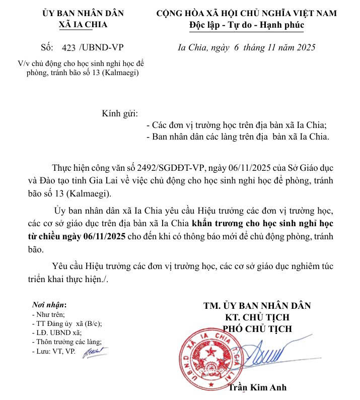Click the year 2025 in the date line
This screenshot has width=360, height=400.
[x=304, y=48]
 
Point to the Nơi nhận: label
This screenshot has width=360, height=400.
[x=49, y=304]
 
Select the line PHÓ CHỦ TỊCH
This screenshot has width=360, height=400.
[x=257, y=328]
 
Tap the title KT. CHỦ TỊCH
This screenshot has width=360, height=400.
[x=257, y=317]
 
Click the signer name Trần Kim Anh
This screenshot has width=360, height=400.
[x=257, y=387]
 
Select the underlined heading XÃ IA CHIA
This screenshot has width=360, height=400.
[x=83, y=24]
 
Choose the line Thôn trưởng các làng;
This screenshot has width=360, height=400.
[x=66, y=342]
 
